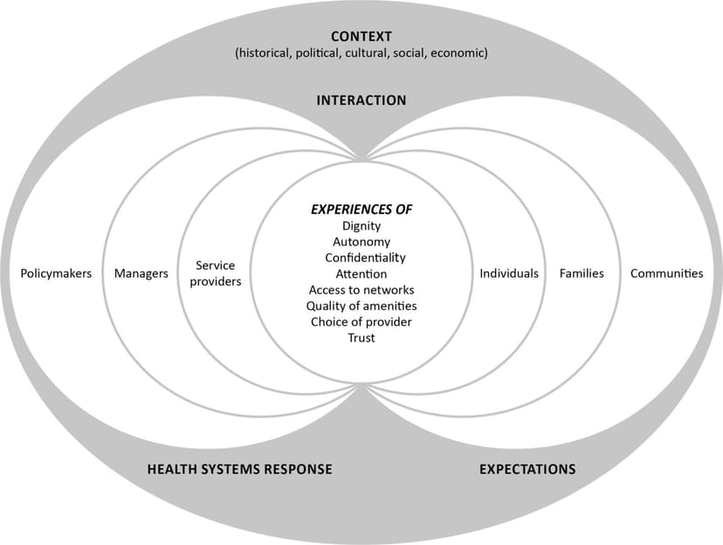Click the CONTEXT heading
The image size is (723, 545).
click(x=361, y=36)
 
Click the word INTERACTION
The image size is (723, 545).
click(x=361, y=100)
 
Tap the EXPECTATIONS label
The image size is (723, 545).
click(x=527, y=469)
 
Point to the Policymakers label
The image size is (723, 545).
click(x=56, y=273)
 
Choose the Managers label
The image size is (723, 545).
click(x=141, y=273)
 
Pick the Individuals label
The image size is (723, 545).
click(x=509, y=273)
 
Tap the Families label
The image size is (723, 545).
click(x=582, y=273)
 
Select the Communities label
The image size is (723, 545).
click(x=666, y=273)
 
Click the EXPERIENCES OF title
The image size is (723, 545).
click(x=361, y=210)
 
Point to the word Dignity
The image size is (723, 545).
click(x=361, y=226)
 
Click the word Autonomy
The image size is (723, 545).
click(x=361, y=242)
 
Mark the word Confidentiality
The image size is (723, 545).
click(x=365, y=258)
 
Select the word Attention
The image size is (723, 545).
click(x=361, y=274)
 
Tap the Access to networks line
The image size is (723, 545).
click(x=361, y=290)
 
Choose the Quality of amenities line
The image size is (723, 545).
click(x=361, y=306)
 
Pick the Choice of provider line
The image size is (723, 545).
click(x=361, y=321)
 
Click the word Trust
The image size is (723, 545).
click(x=361, y=338)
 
